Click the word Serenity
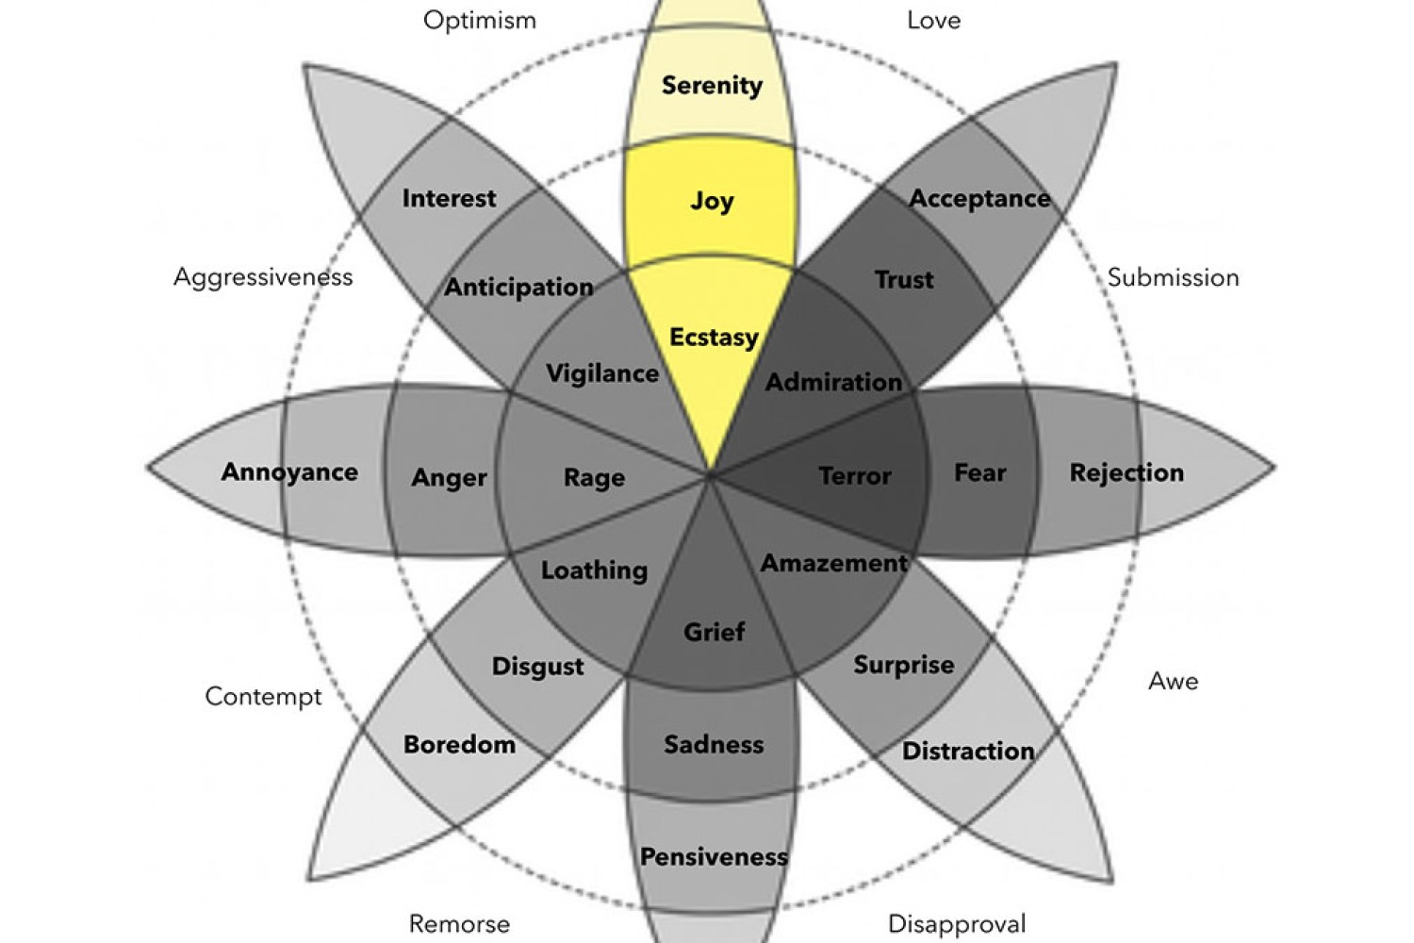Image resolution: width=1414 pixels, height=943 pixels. [712, 86]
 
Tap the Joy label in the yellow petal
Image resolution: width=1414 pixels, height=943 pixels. [712, 202]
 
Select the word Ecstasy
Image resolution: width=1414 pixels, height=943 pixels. [714, 338]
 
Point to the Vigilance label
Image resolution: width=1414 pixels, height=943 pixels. [602, 374]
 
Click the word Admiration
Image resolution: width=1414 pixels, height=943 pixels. [834, 382]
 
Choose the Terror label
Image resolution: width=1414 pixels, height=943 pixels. [855, 475]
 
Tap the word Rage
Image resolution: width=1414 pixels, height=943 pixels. [594, 477]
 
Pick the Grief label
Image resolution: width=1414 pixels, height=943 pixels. [714, 632]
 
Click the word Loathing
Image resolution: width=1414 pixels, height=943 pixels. [594, 571]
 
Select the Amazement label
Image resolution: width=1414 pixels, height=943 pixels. [834, 563]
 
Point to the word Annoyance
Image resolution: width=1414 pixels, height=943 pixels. [289, 472]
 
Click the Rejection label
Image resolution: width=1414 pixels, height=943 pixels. [1126, 473]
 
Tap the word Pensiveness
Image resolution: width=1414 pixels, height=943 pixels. [714, 857]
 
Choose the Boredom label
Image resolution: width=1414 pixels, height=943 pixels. [460, 745]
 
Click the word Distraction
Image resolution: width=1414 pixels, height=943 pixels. [968, 751]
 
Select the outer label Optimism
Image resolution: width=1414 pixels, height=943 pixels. [480, 21]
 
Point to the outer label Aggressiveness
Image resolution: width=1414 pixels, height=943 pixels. [263, 278]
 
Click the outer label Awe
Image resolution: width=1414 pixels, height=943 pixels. [1173, 681]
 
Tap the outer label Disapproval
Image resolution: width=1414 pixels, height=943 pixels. [957, 924]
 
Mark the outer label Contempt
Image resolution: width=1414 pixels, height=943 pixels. [263, 697]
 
